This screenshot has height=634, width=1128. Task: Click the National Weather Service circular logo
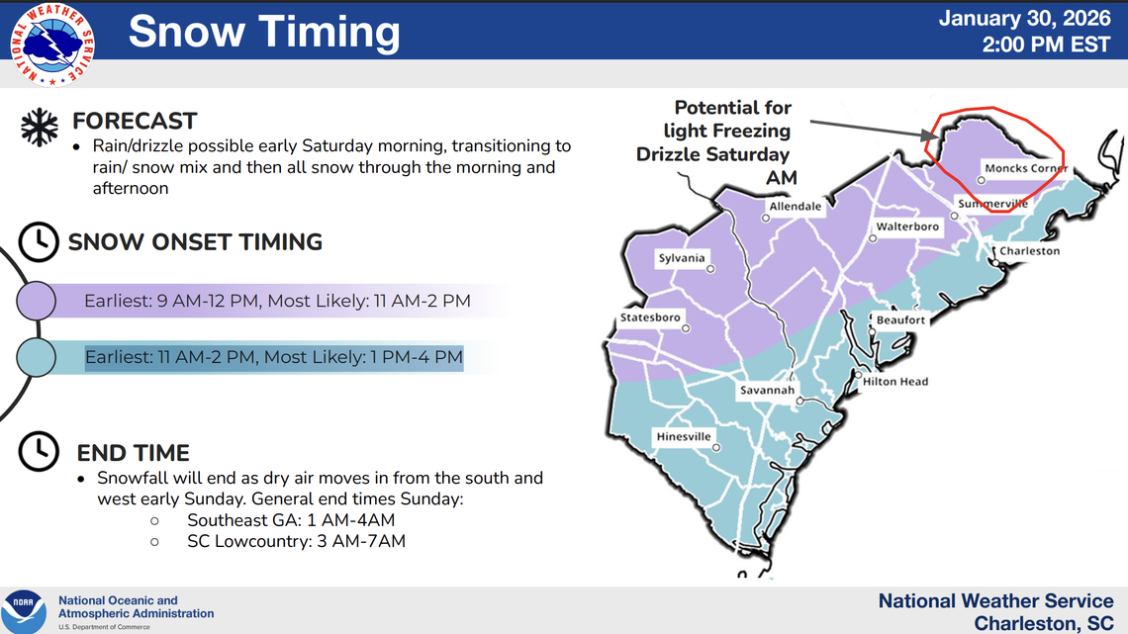52,45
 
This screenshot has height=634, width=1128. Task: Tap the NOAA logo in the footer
23,611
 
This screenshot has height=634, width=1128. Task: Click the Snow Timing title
264,32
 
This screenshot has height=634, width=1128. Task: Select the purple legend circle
36,301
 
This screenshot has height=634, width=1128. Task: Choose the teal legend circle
36,357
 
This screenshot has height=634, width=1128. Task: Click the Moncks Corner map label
1026,168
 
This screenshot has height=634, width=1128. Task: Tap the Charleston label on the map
1029,251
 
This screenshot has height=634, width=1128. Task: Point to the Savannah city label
767,391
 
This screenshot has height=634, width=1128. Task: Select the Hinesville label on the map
684,436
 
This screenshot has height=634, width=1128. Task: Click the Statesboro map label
650,317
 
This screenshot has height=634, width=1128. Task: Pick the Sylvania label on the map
682,258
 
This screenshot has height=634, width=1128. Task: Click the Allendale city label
796,207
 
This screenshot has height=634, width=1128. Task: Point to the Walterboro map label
907,226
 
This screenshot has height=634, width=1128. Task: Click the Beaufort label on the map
900,320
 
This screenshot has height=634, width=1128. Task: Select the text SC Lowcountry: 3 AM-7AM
296,541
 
